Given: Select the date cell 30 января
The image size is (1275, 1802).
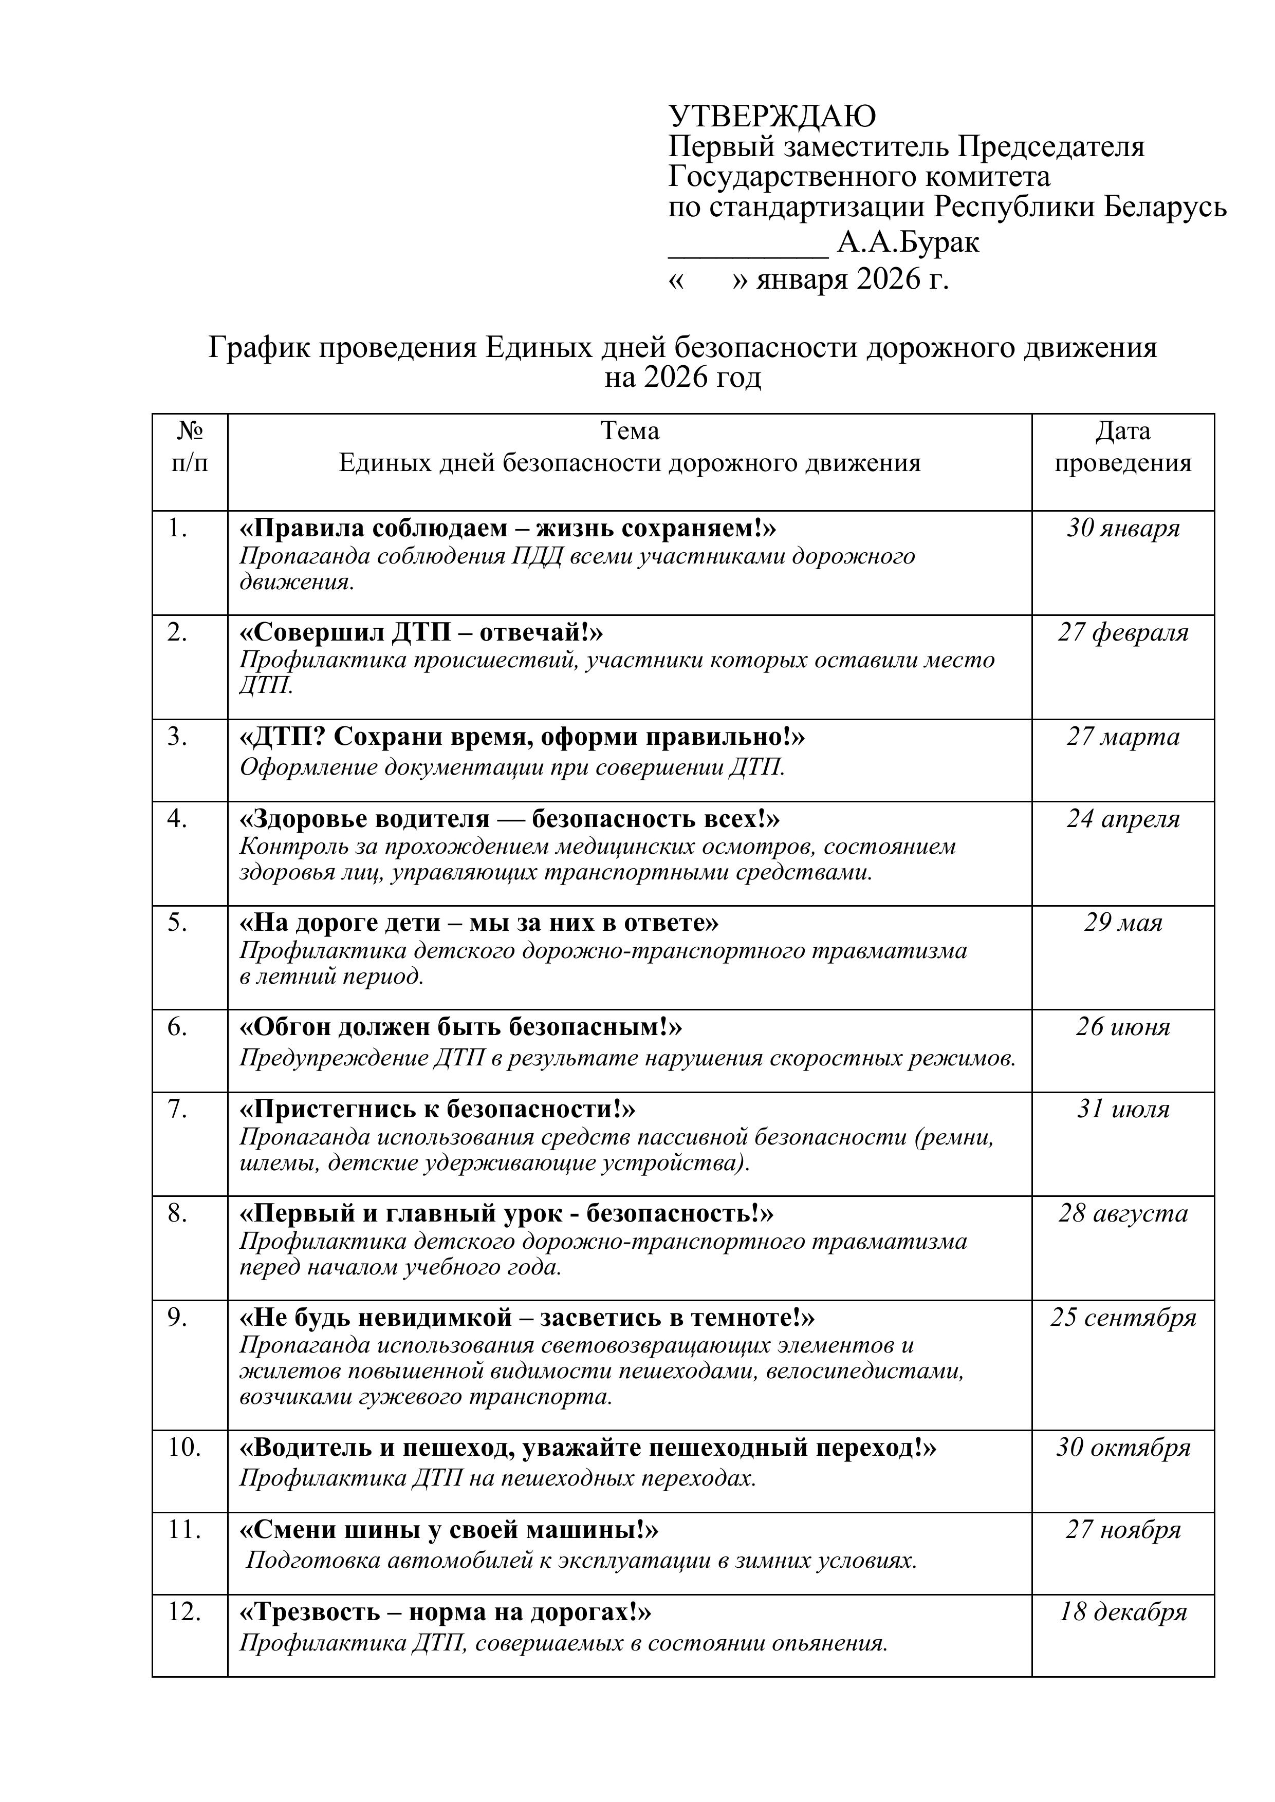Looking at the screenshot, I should pos(1123,528).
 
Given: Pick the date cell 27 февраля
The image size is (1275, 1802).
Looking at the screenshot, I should pos(1123,632).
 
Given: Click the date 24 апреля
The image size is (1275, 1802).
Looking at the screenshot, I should pos(1123,819).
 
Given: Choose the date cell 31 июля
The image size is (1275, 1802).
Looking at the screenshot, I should pos(1123,1109).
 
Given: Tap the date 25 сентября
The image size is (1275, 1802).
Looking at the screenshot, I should pos(1123,1318).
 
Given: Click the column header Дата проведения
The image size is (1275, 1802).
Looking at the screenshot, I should pos(1123,446).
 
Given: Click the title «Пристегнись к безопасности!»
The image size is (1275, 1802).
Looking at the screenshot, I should pos(437,1109).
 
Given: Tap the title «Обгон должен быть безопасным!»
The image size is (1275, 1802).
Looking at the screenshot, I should pos(461,1026).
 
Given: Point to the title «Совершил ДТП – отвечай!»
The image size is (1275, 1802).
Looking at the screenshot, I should pos(421,632).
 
